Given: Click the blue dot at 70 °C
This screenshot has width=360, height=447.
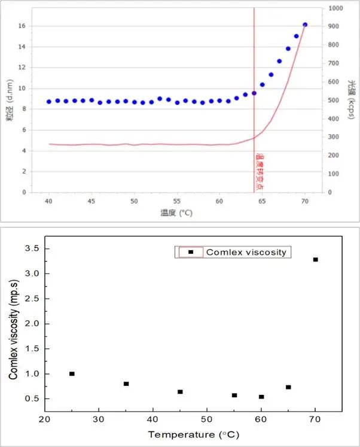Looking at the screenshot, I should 305,25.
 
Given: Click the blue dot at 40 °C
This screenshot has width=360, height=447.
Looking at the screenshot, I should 49,102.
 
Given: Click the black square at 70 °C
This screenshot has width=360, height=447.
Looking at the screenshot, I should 315,260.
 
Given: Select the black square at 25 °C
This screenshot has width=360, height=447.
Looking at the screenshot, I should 72,373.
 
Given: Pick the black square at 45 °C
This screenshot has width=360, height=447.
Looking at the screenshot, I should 180,392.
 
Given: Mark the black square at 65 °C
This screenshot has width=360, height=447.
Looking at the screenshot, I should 288,387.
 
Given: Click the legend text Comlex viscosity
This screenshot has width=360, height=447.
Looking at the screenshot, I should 246,252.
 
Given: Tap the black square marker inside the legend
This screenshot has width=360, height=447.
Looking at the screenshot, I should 191,252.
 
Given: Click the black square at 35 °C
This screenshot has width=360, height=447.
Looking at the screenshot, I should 126,384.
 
